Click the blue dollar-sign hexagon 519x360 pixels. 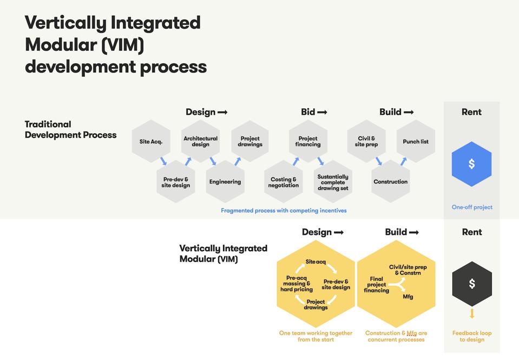[x=471, y=164]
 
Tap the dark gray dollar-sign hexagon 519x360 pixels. [x=471, y=284]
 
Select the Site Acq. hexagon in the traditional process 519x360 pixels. [x=151, y=142]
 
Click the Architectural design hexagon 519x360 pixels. [x=200, y=141]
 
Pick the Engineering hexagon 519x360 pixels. [x=225, y=182]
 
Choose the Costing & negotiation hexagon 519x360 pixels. [x=283, y=182]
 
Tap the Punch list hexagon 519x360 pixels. [x=416, y=142]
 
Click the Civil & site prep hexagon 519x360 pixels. [x=366, y=141]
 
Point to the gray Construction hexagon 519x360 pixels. [x=390, y=182]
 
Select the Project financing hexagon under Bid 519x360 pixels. [x=308, y=141]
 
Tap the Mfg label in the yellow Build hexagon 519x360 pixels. [x=408, y=297]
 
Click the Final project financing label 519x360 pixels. [x=376, y=285]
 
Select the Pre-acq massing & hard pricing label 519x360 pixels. [x=297, y=284]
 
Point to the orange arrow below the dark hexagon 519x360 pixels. [x=472, y=313]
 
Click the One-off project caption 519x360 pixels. [x=472, y=207]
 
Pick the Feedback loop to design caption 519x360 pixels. [x=472, y=336]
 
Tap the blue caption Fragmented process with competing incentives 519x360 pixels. [x=284, y=211]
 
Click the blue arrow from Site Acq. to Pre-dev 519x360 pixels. [x=163, y=161]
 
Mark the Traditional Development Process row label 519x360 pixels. [x=70, y=130]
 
